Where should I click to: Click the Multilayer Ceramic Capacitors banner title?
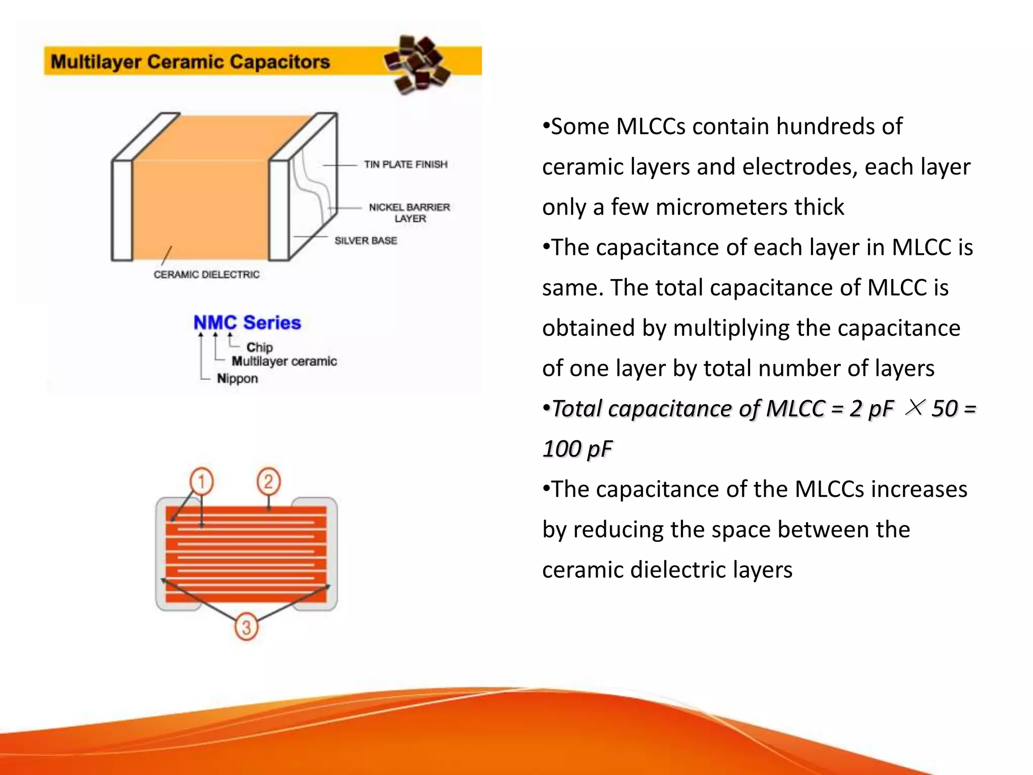coord(190,62)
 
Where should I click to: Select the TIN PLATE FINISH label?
coord(406,164)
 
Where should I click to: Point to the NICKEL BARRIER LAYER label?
coord(409,212)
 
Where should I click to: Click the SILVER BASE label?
coord(366,241)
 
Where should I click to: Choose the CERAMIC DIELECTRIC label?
coord(206,274)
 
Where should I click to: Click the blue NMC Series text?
coord(247,322)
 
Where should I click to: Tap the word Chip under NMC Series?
coord(259,347)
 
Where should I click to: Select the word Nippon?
coord(237,378)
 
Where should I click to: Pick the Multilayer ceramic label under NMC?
coord(284,361)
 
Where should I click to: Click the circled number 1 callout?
coord(201,481)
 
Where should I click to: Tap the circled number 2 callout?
coord(268,481)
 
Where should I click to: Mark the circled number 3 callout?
coord(246,627)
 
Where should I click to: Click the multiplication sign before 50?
coord(914,407)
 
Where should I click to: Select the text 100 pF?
coord(577,449)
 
